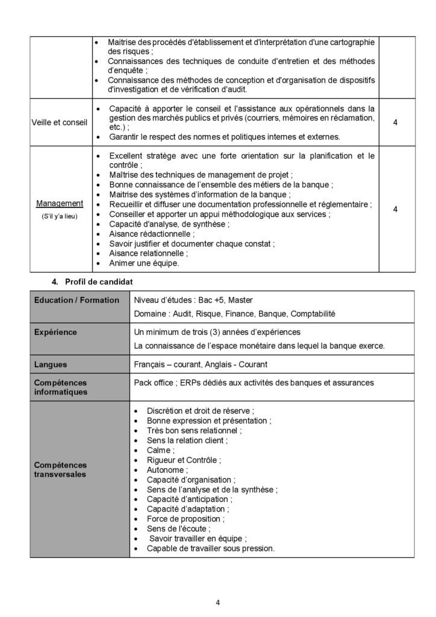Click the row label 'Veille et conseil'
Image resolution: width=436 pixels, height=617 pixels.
pyautogui.click(x=59, y=122)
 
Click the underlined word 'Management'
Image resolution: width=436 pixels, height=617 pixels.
pyautogui.click(x=59, y=204)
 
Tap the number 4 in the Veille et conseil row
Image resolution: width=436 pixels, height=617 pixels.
pyautogui.click(x=395, y=122)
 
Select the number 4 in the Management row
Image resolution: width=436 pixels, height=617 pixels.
pyautogui.click(x=395, y=209)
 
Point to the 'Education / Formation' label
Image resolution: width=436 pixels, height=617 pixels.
pyautogui.click(x=77, y=300)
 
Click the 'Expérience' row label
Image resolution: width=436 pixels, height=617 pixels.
pyautogui.click(x=55, y=332)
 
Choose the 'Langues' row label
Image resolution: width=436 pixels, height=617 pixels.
pyautogui.click(x=51, y=365)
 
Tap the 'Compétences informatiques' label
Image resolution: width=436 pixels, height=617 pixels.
pyautogui.click(x=61, y=387)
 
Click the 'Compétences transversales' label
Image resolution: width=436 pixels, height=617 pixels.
pyautogui.click(x=61, y=469)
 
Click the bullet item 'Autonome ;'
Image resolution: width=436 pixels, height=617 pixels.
pyautogui.click(x=167, y=469)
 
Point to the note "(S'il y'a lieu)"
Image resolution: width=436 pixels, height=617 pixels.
pyautogui.click(x=59, y=216)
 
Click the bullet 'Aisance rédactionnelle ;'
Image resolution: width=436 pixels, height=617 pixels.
pyautogui.click(x=152, y=234)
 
